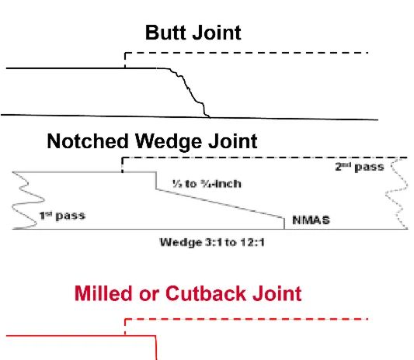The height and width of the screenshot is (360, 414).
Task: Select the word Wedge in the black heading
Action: tap(169, 141)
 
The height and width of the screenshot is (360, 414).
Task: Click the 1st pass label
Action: tap(62, 215)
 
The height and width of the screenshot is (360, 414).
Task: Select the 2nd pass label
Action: tap(359, 167)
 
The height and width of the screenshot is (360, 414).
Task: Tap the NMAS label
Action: tap(311, 220)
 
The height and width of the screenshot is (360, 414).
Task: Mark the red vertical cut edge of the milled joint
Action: tap(157, 348)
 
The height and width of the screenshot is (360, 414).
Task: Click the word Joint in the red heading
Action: tap(275, 293)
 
